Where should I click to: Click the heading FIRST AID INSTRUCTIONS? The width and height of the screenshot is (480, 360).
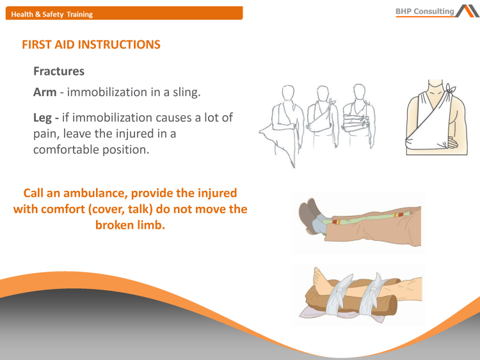(x=91, y=45)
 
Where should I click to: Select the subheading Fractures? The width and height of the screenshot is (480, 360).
(x=59, y=71)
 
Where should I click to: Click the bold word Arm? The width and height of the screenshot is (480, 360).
(x=45, y=92)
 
